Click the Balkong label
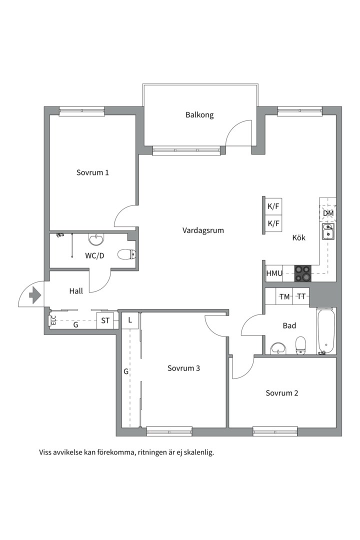coord(199,114)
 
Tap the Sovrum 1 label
coord(92,172)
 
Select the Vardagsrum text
coord(203,230)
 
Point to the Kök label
coord(298,237)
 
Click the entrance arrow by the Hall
coord(35,295)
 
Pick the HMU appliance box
coord(274,273)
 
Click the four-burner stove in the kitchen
coord(302,273)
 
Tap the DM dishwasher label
coord(328,213)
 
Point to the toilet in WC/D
coord(126,254)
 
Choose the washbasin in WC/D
coord(96,238)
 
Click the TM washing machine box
coord(284,296)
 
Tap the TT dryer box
coord(301,296)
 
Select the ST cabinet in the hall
coord(105,320)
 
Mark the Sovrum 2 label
coord(282,393)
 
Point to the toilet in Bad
coord(300,345)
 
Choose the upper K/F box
coord(273,206)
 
